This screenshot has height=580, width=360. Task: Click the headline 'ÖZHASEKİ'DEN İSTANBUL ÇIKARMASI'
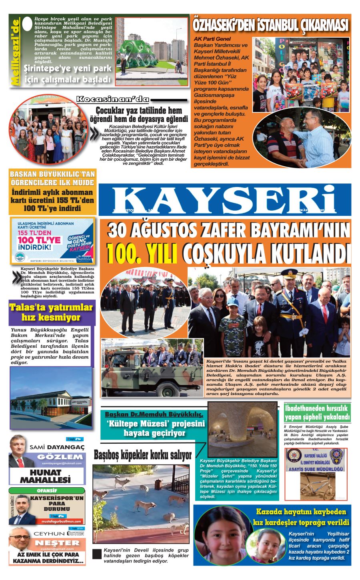(x=271, y=25)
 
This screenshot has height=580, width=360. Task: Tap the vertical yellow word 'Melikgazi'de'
(x=15, y=52)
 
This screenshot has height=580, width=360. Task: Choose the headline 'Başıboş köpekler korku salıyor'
(x=143, y=455)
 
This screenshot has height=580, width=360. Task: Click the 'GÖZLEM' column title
(x=60, y=457)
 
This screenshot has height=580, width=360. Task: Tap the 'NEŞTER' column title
(x=57, y=543)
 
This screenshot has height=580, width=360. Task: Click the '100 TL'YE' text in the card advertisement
(x=39, y=240)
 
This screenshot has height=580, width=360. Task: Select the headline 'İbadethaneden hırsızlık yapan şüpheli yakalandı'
(x=317, y=413)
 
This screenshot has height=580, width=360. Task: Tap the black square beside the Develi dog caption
(x=97, y=554)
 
